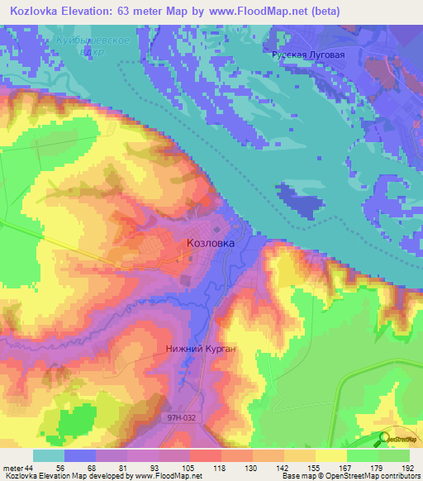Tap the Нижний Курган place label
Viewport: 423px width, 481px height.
(201, 349)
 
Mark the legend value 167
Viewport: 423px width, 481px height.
(345, 467)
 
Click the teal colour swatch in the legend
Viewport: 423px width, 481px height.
(49, 455)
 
